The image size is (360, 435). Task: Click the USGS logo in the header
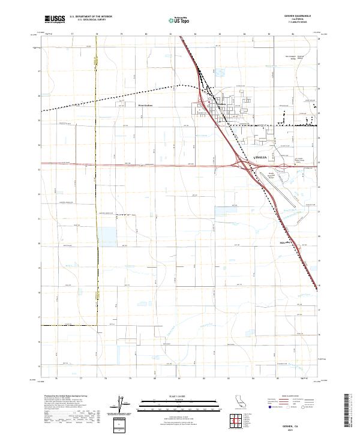(55, 19)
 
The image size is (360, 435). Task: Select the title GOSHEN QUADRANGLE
(295, 17)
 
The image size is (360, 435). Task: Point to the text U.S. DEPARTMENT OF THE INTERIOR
(91, 17)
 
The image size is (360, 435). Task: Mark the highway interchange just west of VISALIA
(243, 164)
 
